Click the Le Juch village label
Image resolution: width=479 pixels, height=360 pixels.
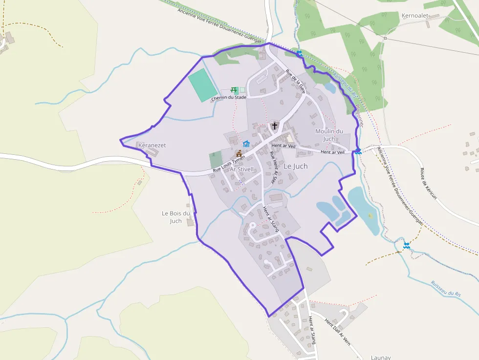tap(295, 167)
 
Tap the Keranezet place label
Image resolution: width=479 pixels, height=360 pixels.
tap(152, 146)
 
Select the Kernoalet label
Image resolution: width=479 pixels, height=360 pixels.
tap(414, 16)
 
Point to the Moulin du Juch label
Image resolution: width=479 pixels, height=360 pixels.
tap(329, 135)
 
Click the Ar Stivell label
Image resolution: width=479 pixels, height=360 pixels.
tap(242, 169)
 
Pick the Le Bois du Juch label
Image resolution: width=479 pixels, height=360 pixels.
tap(175, 217)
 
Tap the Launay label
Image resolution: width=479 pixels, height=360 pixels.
tap(381, 357)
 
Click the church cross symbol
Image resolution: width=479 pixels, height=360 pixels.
tap(275, 126)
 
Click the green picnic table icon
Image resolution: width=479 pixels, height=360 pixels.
tap(234, 90)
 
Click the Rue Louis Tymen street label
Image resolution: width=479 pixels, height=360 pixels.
tap(228, 164)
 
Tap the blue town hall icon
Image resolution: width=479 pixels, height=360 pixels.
tap(246, 144)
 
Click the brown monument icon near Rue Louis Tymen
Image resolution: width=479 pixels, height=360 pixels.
tap(239, 153)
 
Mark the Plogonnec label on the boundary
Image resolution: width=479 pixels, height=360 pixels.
tap(359, 116)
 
